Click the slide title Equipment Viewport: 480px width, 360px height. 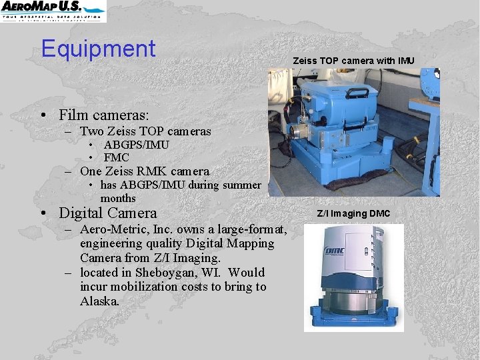(x=98, y=49)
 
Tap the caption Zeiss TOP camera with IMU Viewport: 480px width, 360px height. (x=353, y=61)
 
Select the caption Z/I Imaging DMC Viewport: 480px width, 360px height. (x=353, y=213)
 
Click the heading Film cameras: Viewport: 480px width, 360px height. (x=103, y=116)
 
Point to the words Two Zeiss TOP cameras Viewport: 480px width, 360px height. (x=145, y=131)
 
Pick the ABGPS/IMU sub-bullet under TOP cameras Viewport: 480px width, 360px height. (x=136, y=145)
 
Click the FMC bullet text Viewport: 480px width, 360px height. (x=116, y=158)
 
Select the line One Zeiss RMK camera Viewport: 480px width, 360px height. (x=144, y=171)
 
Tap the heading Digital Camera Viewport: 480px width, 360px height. (x=108, y=213)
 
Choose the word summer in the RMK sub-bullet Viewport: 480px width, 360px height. (x=242, y=185)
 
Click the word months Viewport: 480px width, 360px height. (x=118, y=198)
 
